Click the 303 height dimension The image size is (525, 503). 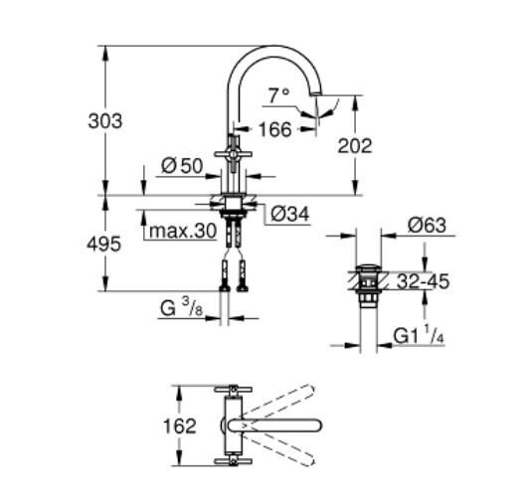coord(104,120)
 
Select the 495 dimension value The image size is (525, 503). coord(104,243)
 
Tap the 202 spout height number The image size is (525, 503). coord(354,145)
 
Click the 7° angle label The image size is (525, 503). coord(278,95)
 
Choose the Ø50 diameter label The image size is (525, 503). coord(183,165)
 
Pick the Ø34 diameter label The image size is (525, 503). coord(288,212)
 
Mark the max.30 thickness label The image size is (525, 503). coord(180,232)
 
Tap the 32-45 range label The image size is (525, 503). coord(423,281)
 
